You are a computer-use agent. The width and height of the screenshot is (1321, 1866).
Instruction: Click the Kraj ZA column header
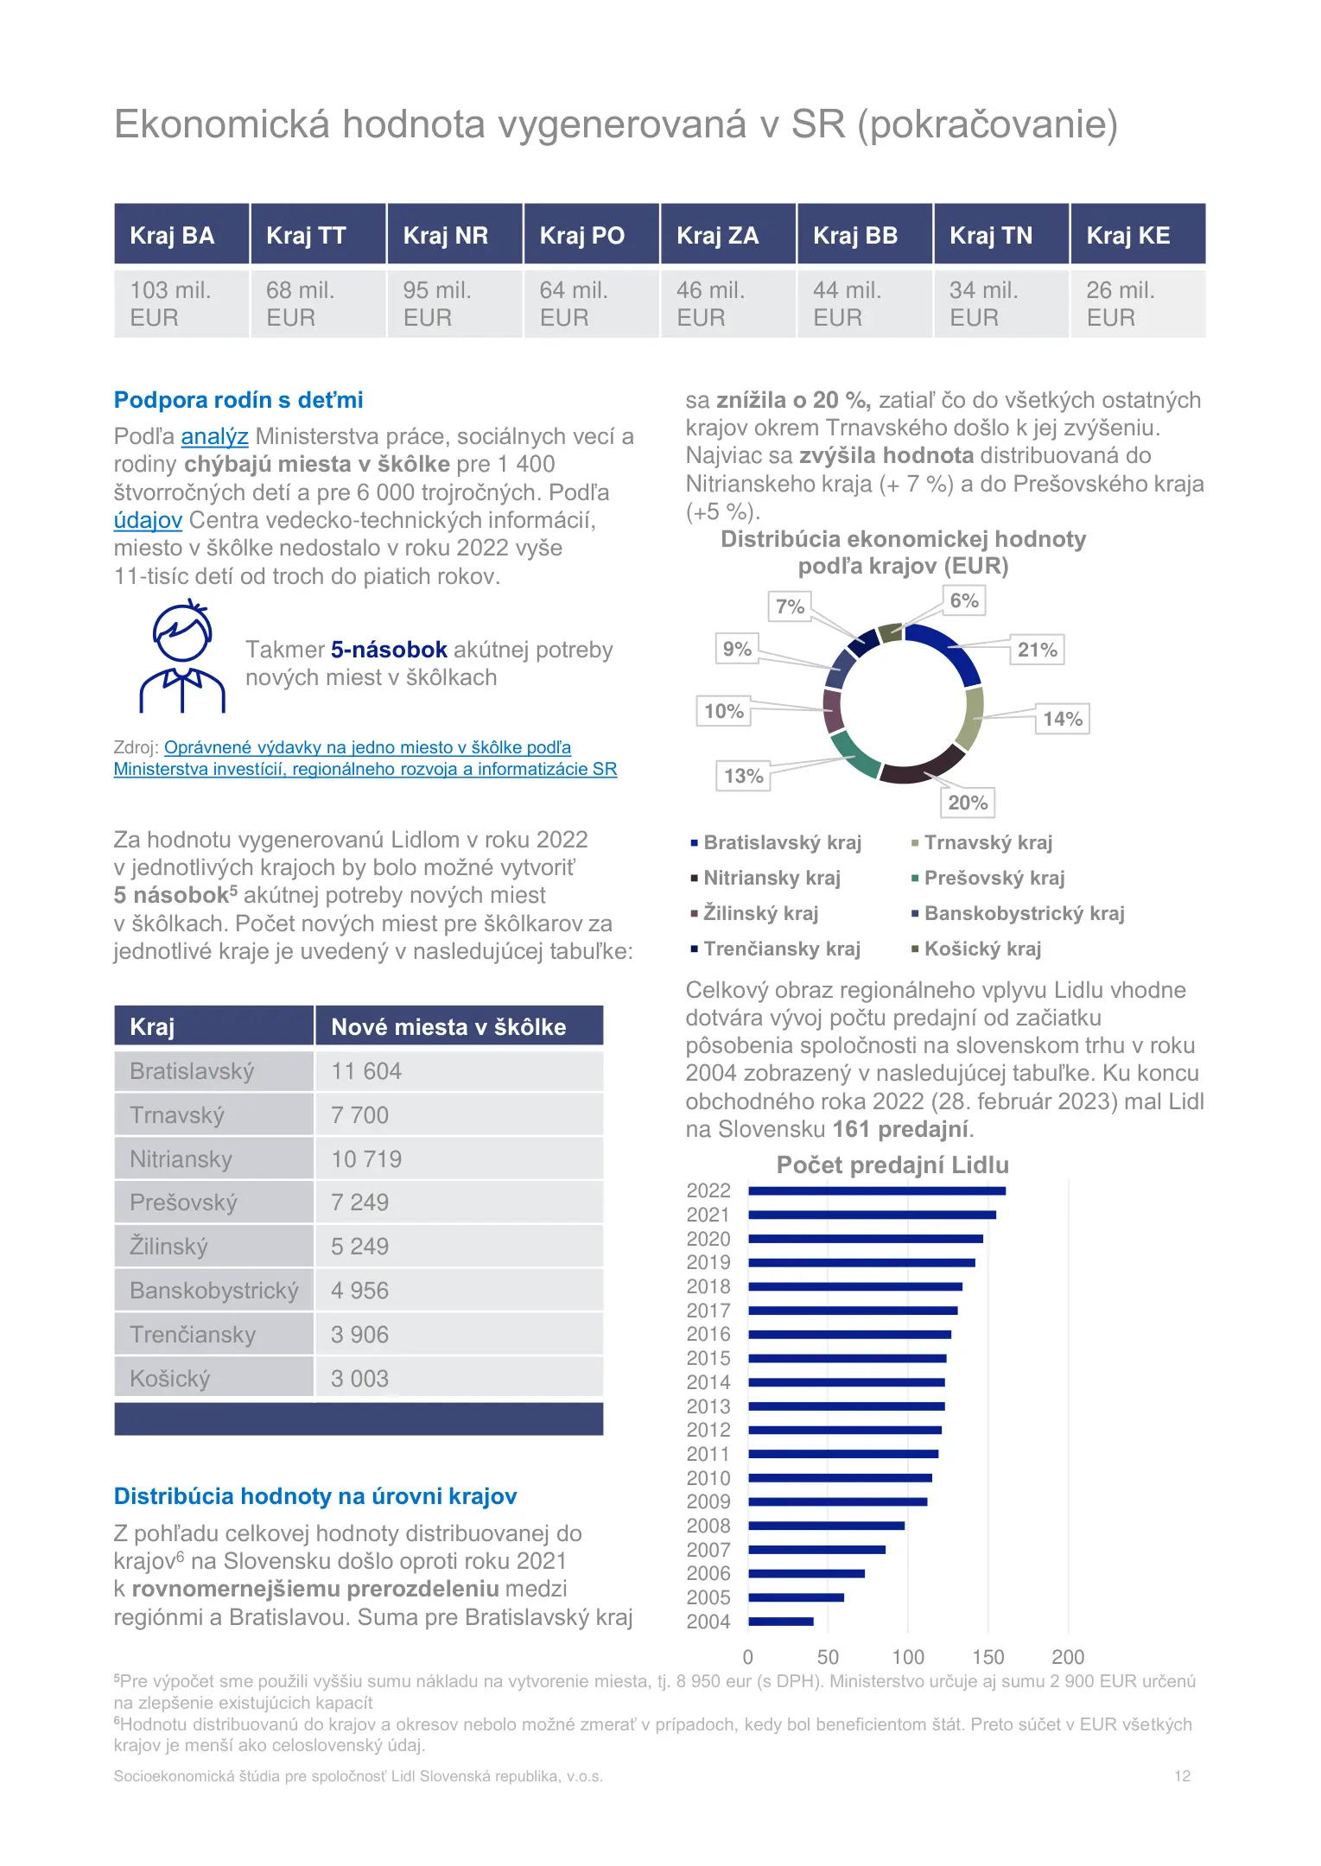(727, 234)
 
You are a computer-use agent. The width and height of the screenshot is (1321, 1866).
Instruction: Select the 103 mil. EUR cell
(181, 303)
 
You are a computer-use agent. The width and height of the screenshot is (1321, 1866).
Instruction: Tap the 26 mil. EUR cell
(1138, 303)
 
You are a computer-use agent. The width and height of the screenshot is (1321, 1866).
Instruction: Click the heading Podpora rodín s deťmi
(238, 400)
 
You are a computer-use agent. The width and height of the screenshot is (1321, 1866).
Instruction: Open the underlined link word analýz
(215, 436)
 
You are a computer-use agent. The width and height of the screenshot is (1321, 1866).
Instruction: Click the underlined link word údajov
(148, 520)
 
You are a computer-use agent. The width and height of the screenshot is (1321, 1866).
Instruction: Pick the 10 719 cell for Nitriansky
(459, 1158)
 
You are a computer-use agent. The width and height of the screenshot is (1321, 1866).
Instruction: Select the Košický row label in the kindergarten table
(213, 1378)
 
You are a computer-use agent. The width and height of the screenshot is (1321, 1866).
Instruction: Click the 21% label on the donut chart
(1037, 650)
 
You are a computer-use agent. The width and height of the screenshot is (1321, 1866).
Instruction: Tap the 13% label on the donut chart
(743, 776)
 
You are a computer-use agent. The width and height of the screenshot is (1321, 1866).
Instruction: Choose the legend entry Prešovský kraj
(988, 878)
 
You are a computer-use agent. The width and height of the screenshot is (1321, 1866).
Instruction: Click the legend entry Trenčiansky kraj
(776, 949)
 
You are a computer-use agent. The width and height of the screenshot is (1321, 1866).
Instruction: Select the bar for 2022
(877, 1190)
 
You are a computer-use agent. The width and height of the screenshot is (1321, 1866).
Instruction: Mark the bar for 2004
(781, 1622)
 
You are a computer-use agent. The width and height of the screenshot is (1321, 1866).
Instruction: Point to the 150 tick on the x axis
(988, 1657)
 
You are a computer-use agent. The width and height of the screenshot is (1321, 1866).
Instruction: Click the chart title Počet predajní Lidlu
(892, 1165)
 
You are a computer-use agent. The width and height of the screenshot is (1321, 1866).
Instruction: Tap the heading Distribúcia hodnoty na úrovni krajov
(315, 1496)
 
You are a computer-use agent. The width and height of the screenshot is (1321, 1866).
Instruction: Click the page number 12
(1183, 1776)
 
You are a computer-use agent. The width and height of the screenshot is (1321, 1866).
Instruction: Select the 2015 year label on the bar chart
(708, 1358)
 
